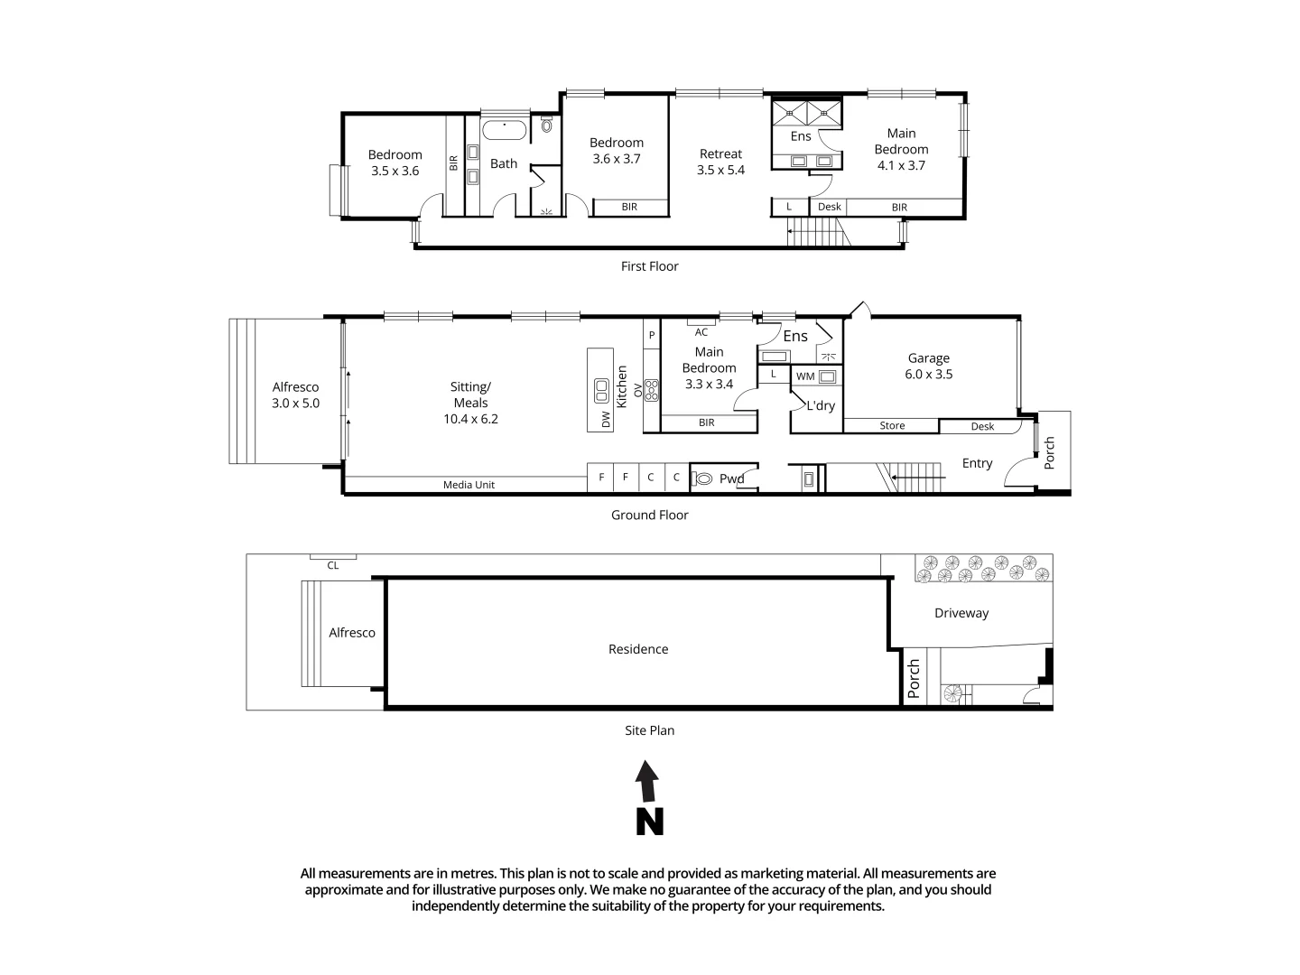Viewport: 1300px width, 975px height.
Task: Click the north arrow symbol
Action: tap(648, 797)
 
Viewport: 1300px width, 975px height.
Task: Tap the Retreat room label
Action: tap(720, 162)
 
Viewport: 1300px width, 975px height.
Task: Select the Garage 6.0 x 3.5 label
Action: tap(929, 367)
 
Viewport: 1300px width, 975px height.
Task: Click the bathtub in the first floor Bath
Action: tap(504, 131)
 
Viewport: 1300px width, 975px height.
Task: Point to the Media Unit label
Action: tap(469, 485)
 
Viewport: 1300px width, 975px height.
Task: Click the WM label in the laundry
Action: tap(805, 376)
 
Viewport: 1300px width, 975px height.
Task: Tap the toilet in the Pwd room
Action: tap(704, 478)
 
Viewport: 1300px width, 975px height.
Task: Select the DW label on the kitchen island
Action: tap(606, 419)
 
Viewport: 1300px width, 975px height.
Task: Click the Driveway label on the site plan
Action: tap(961, 613)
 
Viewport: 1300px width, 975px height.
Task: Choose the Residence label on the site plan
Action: tap(638, 649)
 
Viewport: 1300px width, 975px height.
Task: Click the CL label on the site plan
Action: tap(333, 565)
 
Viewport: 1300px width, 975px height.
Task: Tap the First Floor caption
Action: tap(649, 266)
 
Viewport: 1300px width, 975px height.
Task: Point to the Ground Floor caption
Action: tap(649, 515)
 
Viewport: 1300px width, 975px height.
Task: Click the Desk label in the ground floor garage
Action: tap(982, 426)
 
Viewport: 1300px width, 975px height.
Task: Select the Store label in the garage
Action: tap(892, 426)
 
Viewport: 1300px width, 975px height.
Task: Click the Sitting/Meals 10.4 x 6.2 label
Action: tap(470, 403)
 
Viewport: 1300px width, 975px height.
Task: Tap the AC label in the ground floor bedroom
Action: tap(701, 332)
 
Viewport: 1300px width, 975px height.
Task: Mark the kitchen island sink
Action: tap(601, 391)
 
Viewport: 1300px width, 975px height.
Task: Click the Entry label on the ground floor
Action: tap(977, 463)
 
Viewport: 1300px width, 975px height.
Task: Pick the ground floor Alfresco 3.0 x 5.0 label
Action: tap(296, 395)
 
